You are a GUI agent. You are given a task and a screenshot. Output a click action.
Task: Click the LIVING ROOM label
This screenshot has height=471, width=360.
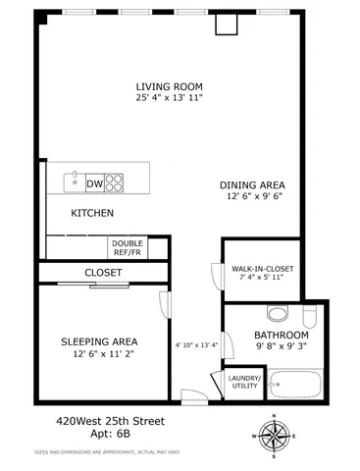point(169,85)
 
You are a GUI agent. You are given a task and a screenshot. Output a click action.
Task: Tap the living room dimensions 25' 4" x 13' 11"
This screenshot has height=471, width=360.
point(169,98)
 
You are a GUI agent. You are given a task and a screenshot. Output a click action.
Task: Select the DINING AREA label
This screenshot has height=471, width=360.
point(251,183)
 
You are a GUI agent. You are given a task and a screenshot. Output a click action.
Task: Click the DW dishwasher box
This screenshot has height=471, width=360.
point(95,183)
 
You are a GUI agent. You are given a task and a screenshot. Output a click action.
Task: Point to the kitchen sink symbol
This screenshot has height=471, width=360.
point(74,182)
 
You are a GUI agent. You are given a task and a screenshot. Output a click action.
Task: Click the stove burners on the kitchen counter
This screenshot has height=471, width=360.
point(116,183)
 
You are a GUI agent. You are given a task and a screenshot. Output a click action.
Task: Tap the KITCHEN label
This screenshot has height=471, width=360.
point(92,213)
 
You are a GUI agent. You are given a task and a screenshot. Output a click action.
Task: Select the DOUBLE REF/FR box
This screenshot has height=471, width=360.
point(126,246)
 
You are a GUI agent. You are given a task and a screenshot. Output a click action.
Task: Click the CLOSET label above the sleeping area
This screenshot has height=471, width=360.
point(103,273)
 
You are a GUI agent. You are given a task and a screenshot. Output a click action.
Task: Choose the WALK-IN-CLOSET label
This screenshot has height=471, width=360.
point(262,268)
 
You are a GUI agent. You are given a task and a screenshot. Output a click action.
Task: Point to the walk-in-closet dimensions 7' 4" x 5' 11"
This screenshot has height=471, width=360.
point(262,280)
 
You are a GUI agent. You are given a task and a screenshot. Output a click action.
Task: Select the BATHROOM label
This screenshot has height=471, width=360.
point(268,334)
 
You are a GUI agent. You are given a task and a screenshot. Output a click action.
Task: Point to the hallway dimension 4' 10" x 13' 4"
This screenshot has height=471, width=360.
point(196,344)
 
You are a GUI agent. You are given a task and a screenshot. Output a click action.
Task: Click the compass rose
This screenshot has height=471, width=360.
point(273,433)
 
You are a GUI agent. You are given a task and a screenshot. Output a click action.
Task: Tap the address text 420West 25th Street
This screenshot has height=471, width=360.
point(109,422)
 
